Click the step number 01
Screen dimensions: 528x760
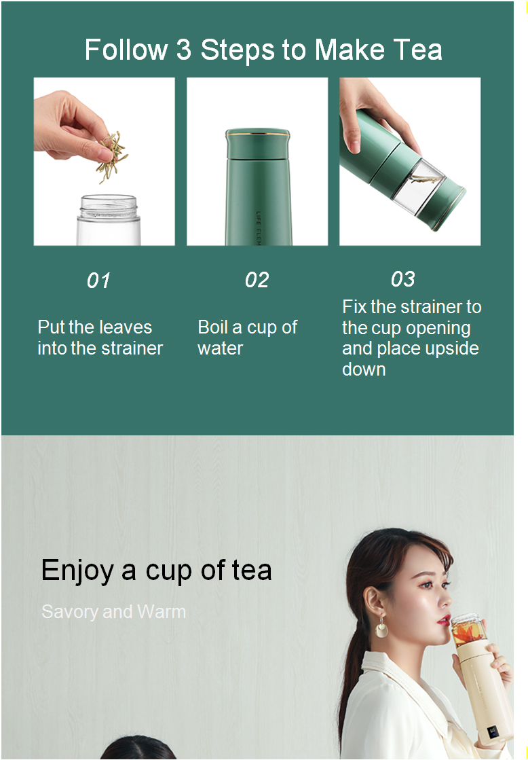click(x=98, y=281)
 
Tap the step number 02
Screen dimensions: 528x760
click(x=257, y=280)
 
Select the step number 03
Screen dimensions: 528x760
click(x=403, y=279)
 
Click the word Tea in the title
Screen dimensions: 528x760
click(x=417, y=50)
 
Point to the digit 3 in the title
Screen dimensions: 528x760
click(x=184, y=50)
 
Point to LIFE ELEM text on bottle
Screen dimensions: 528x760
click(x=259, y=228)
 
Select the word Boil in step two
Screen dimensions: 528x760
click(x=212, y=327)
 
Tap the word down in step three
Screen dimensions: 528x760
click(x=364, y=369)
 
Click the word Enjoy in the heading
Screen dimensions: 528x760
click(x=77, y=571)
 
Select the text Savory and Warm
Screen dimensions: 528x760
click(x=114, y=612)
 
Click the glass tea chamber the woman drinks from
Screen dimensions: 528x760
click(x=468, y=630)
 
